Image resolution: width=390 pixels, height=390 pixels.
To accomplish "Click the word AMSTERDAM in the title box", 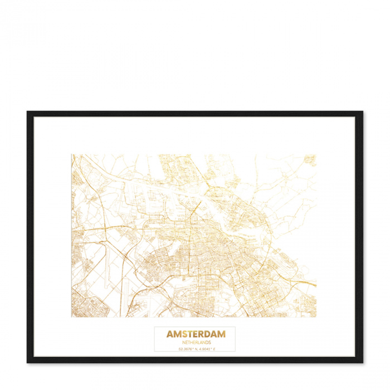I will (x=196, y=334).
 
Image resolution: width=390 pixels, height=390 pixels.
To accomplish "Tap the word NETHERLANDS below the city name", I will (x=196, y=342).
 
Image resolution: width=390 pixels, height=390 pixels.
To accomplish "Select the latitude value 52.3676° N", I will (x=187, y=349).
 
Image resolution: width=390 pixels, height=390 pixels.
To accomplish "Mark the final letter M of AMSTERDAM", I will (x=222, y=334).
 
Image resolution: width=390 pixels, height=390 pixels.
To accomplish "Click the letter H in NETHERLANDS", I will (x=188, y=342).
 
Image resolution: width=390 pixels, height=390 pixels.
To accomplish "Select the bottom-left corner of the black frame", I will (x=28, y=362).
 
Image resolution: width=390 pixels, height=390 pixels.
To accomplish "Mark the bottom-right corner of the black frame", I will (x=362, y=362).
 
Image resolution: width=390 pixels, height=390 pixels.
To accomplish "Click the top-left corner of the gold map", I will (x=72, y=155).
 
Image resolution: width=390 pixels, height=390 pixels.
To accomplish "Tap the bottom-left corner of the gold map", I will (x=72, y=317).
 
